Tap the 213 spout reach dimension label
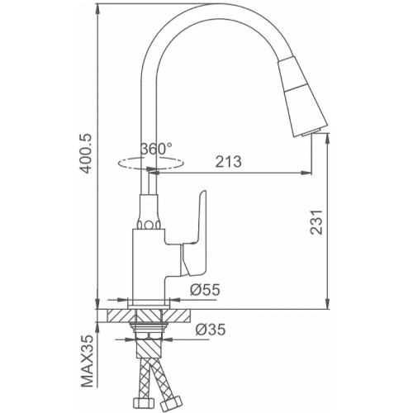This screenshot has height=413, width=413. [228, 162]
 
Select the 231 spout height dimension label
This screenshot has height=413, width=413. [316, 222]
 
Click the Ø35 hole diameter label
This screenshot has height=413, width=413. [211, 329]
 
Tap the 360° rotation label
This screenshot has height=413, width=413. [156, 149]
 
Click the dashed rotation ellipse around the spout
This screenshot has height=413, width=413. [150, 164]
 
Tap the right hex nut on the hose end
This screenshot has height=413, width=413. [170, 402]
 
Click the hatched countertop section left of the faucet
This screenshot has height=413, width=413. [121, 316]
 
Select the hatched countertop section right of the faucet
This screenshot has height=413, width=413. [176, 316]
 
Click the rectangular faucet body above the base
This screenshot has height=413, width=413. [149, 263]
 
